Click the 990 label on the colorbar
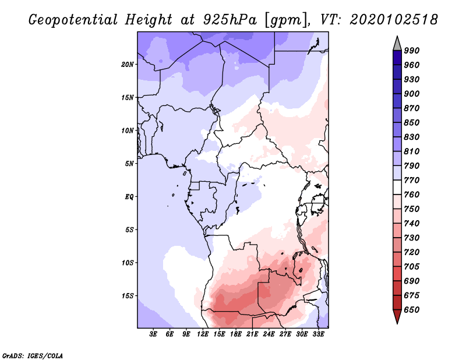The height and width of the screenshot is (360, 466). (412, 51)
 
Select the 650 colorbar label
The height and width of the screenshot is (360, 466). (412, 310)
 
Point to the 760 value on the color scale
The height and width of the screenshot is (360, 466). (412, 195)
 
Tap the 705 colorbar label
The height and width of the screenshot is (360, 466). (412, 267)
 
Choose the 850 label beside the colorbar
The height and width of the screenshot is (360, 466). (412, 123)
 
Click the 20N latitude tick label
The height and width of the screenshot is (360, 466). (128, 64)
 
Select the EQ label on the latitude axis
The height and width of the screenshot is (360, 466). (129, 197)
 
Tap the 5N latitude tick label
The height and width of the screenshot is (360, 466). (130, 164)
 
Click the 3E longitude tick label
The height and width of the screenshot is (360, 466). (154, 334)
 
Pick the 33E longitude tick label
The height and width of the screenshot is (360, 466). (319, 334)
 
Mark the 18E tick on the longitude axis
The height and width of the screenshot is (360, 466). (236, 334)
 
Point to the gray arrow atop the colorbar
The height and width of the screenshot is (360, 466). (397, 43)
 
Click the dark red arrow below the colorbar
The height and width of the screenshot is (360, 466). (397, 317)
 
